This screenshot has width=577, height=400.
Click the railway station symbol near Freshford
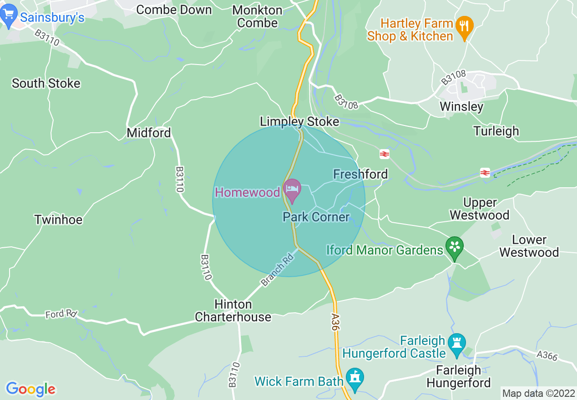point(385,155)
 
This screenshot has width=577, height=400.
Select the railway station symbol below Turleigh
point(485,173)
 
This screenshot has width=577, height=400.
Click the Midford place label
point(149,133)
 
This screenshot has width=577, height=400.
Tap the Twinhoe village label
point(59,220)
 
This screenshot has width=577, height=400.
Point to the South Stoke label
point(46,84)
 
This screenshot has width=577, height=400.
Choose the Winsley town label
point(461,106)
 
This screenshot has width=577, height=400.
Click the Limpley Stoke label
point(299,121)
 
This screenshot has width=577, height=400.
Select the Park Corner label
point(316,217)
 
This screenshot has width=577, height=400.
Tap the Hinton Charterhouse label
point(233,310)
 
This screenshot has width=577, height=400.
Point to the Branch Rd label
point(278,270)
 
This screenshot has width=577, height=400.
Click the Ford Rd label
point(61,314)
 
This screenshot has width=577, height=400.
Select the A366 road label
point(547,355)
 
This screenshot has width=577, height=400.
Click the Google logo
point(30,389)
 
